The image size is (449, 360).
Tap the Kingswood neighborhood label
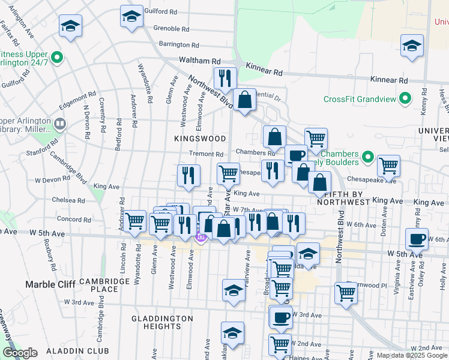pos(199,139)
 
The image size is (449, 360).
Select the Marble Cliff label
pos(48,283)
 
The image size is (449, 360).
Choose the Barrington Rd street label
pos(178,44)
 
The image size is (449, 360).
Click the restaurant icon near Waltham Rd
pos(225,77)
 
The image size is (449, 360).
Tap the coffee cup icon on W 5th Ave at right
pos(417,239)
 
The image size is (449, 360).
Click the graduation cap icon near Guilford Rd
pos(131,16)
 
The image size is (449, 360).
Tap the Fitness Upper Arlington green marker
pos(58,58)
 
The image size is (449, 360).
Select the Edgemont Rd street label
pos(77,100)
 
